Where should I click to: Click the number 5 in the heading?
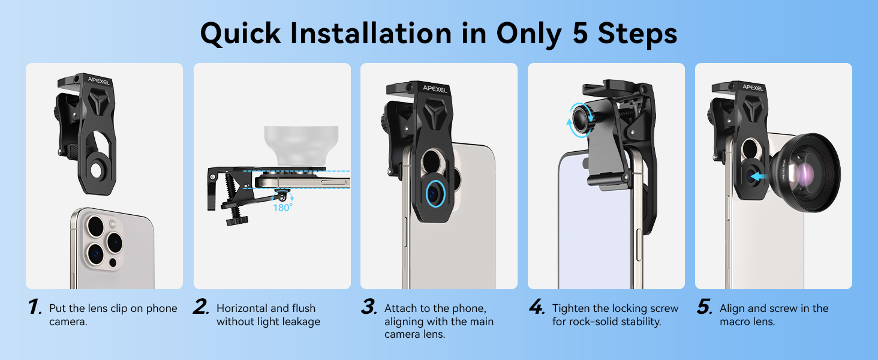580,33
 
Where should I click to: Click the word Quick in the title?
240,34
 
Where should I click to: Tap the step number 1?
35,307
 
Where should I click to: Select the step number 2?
202,307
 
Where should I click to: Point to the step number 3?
369,307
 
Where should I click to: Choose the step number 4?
537,307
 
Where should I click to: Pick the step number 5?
704,307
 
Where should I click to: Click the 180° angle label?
282,208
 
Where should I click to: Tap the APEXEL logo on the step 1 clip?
99,81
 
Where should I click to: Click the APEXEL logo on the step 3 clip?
435,89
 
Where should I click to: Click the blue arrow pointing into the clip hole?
759,176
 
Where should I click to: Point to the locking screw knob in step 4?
583,118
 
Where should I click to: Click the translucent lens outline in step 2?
301,145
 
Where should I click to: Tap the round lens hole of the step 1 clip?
96,171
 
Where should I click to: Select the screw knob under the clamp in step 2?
237,221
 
